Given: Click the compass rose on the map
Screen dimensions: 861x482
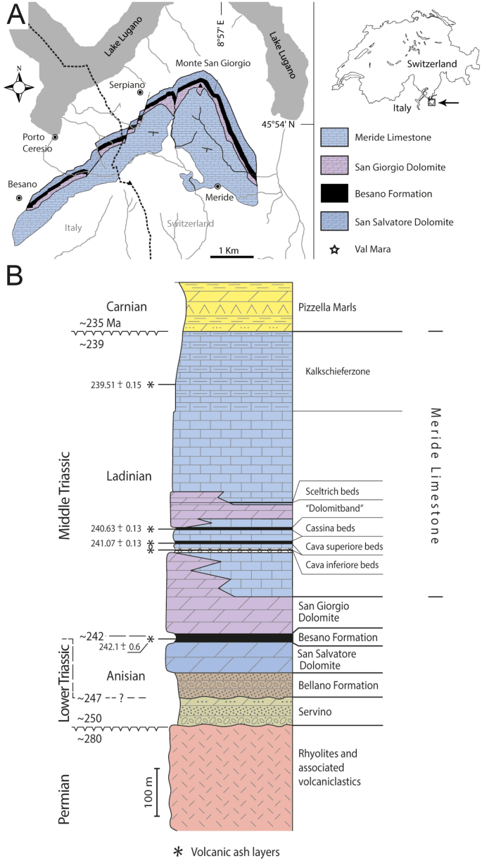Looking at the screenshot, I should (x=19, y=87).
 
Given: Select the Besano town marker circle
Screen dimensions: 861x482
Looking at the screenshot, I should (x=21, y=199).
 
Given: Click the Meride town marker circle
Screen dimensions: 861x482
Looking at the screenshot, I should (x=218, y=186).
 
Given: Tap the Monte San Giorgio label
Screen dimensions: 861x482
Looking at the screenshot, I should (x=213, y=63).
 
